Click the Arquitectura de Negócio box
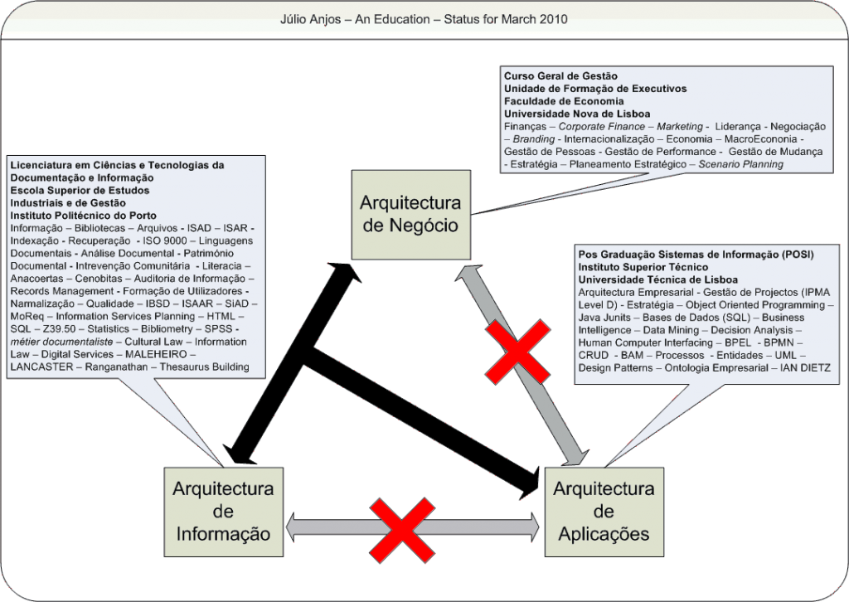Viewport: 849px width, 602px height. pos(411,215)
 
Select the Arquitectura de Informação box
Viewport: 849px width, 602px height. pos(224,512)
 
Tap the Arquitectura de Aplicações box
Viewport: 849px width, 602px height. pos(604,512)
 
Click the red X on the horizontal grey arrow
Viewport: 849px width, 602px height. pos(402,531)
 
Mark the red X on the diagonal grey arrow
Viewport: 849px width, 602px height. pos(518,352)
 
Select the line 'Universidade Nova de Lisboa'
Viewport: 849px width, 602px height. pos(577,114)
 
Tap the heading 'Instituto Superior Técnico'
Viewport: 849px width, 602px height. pos(643,267)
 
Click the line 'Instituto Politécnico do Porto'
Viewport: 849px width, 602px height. pos(84,216)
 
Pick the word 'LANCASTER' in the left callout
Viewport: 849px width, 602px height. pos(41,367)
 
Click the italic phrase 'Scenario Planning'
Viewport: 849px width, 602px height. pos(740,164)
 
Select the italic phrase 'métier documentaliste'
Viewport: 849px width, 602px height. pos(61,342)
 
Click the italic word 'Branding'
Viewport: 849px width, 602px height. pos(533,138)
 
